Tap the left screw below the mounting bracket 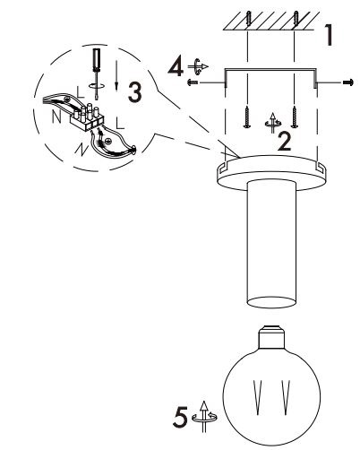(244, 114)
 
